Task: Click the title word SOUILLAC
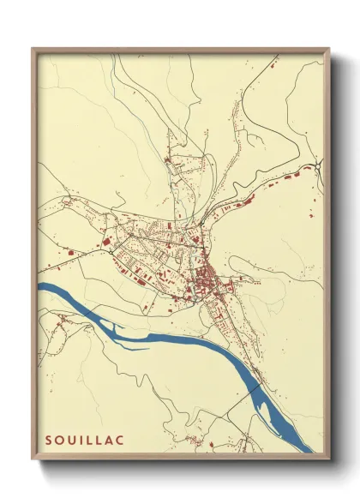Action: click(84, 440)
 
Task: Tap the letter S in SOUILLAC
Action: click(48, 440)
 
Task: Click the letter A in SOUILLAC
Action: click(109, 440)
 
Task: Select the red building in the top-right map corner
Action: click(273, 64)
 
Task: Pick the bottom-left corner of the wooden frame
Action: click(33, 457)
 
